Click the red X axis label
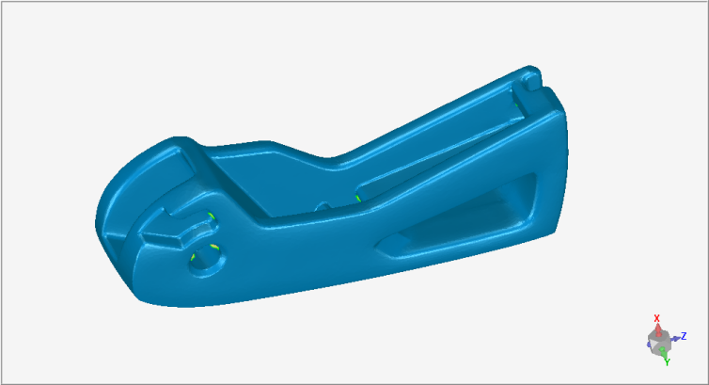click(x=657, y=318)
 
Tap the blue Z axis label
click(x=685, y=336)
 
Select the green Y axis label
click(x=667, y=361)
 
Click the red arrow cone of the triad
click(x=658, y=329)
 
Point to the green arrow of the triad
click(x=663, y=351)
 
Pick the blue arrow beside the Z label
click(x=676, y=338)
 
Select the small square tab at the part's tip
click(x=532, y=82)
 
